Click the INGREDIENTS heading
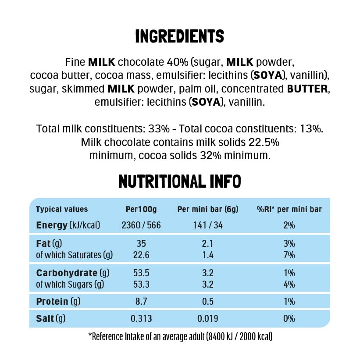click(x=180, y=36)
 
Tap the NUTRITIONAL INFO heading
click(x=180, y=182)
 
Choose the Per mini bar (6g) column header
click(x=207, y=209)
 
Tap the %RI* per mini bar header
click(x=289, y=209)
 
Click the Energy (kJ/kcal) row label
click(x=68, y=225)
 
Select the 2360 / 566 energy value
click(x=141, y=225)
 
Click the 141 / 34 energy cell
click(x=207, y=225)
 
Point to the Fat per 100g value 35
click(x=141, y=244)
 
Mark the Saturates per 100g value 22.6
click(x=141, y=255)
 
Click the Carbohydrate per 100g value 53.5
click(x=141, y=273)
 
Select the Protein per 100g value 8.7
click(x=141, y=301)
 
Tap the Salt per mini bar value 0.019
click(x=207, y=319)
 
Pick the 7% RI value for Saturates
click(x=289, y=255)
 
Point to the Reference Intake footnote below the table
click(x=180, y=337)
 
